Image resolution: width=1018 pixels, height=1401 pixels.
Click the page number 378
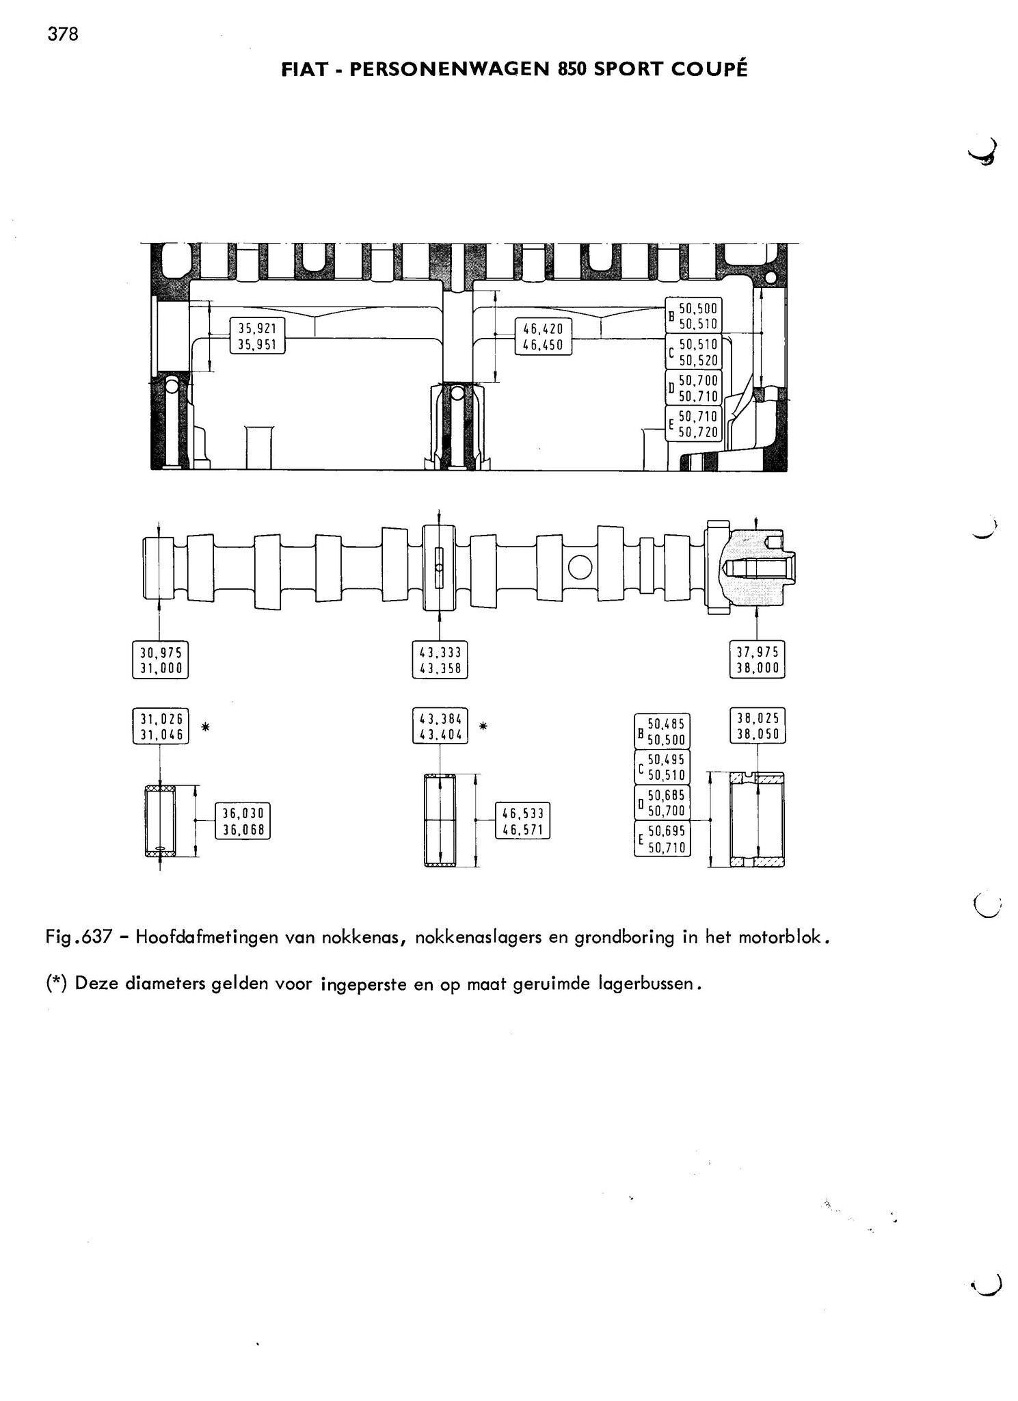(63, 34)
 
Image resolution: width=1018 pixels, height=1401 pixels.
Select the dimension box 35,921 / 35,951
(257, 336)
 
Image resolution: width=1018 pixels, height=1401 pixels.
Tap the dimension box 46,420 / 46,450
(543, 337)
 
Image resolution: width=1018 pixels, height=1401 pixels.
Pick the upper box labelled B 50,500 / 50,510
(693, 316)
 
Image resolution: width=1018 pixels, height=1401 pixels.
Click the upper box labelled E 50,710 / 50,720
(693, 423)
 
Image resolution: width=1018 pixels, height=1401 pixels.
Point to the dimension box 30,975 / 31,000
(160, 659)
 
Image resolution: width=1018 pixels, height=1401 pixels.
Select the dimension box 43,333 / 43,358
(440, 659)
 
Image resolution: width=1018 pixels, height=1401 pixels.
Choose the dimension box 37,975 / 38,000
(757, 659)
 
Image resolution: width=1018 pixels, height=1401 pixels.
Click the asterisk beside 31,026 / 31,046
(205, 727)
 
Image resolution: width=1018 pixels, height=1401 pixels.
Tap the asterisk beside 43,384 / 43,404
(483, 726)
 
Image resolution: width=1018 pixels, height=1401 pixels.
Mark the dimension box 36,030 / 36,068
(243, 821)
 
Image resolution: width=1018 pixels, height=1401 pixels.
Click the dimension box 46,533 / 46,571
(522, 821)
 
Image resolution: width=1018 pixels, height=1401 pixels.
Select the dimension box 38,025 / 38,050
(758, 726)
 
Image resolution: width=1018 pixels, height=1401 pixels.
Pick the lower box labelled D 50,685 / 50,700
(662, 802)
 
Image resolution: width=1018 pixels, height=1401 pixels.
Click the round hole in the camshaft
(580, 567)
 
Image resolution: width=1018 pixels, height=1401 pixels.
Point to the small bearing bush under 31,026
(160, 821)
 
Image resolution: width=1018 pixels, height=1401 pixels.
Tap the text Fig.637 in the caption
(79, 937)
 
